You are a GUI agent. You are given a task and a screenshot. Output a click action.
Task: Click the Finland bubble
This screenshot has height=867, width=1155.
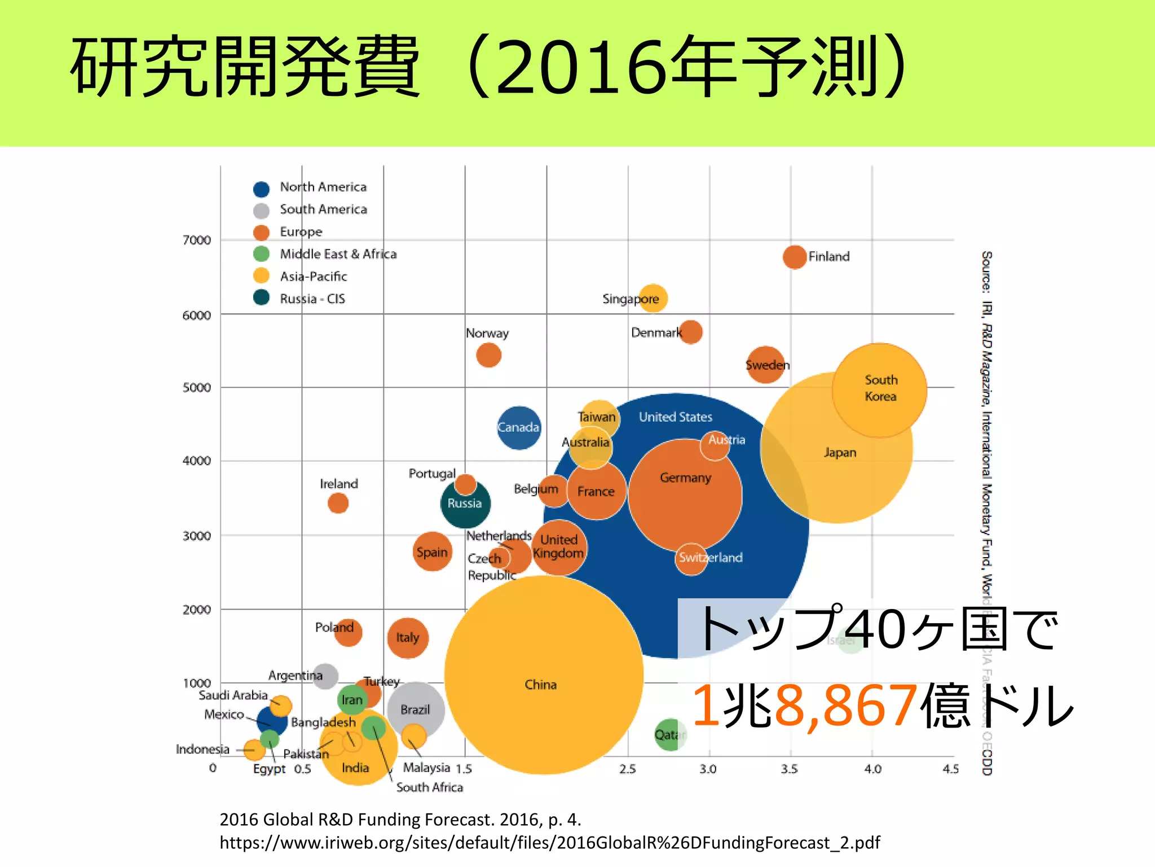pyautogui.click(x=794, y=257)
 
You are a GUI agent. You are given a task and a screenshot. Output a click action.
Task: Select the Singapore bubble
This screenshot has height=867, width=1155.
pyautogui.click(x=653, y=298)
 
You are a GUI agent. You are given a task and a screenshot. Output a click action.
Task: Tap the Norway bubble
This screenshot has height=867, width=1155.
pyautogui.click(x=488, y=355)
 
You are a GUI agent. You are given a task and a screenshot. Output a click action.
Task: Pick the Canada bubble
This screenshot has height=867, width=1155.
pyautogui.click(x=518, y=428)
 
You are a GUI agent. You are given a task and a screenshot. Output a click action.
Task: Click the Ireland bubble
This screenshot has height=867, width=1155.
pyautogui.click(x=338, y=502)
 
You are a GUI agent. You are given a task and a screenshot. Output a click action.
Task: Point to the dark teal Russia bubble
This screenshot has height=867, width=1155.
pyautogui.click(x=465, y=504)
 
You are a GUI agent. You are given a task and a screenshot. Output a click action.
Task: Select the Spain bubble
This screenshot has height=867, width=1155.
pyautogui.click(x=432, y=551)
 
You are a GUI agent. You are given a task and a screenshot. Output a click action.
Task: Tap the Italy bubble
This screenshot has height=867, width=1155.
pyautogui.click(x=407, y=638)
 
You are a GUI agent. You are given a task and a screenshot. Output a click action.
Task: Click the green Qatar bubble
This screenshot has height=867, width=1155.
pyautogui.click(x=669, y=734)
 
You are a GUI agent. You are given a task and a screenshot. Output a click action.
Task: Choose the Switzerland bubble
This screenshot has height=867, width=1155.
pyautogui.click(x=691, y=559)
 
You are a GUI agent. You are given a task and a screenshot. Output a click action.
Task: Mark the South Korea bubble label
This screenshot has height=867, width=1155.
pyautogui.click(x=880, y=388)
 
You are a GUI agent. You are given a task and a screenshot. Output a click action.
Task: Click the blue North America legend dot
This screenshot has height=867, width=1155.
pyautogui.click(x=261, y=189)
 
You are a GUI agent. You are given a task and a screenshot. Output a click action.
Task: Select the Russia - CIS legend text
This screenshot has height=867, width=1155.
pyautogui.click(x=312, y=299)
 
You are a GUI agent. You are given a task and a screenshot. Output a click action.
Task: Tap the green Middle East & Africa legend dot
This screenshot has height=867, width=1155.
pyautogui.click(x=261, y=254)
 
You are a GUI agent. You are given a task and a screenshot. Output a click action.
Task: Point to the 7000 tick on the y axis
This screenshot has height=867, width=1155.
pyautogui.click(x=197, y=240)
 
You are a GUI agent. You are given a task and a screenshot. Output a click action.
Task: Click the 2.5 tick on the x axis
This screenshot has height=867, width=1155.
pyautogui.click(x=627, y=769)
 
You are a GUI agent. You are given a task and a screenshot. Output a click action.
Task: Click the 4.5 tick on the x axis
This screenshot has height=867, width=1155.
pyautogui.click(x=950, y=769)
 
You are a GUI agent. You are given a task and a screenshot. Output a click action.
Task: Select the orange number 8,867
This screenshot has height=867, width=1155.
pyautogui.click(x=846, y=706)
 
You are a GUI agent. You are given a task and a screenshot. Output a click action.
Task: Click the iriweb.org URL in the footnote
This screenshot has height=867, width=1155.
pyautogui.click(x=549, y=843)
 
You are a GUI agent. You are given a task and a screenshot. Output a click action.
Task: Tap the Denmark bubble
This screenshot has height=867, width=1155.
pyautogui.click(x=691, y=332)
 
